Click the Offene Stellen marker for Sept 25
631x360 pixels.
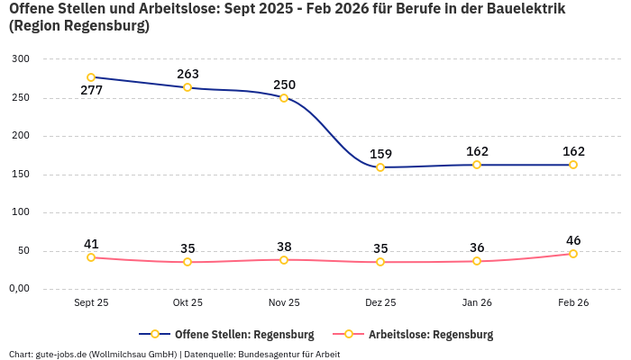pyautogui.click(x=91, y=77)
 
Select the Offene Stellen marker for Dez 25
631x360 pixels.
pyautogui.click(x=380, y=167)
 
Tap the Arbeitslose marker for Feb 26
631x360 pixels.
pyautogui.click(x=573, y=254)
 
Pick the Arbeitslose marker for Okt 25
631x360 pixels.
pyautogui.click(x=187, y=262)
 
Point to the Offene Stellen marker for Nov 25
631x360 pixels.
pyautogui.click(x=284, y=98)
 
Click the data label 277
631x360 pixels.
pyautogui.click(x=91, y=91)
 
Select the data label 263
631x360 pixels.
pyautogui.click(x=187, y=74)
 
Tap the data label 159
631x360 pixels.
pyautogui.click(x=380, y=154)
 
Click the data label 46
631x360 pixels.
pyautogui.click(x=573, y=240)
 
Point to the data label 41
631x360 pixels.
pyautogui.click(x=91, y=244)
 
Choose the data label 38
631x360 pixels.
pyautogui.click(x=284, y=247)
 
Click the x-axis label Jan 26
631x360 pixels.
pyautogui.click(x=477, y=303)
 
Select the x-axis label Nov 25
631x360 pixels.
pyautogui.click(x=284, y=303)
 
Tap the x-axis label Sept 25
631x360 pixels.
pyautogui.click(x=91, y=303)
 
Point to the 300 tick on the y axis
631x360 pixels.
pyautogui.click(x=20, y=59)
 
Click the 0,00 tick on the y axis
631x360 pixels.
pyautogui.click(x=18, y=289)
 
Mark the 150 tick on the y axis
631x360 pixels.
pyautogui.click(x=20, y=175)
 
